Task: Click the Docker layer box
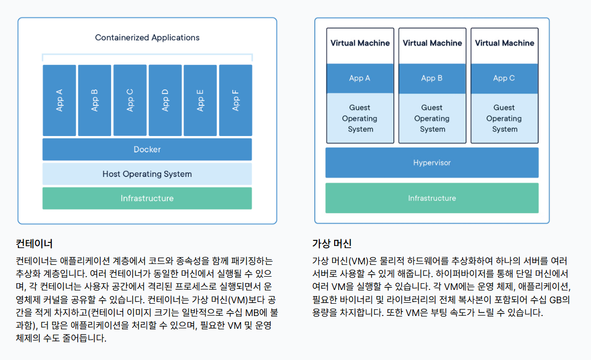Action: click(x=147, y=149)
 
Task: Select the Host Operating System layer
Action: click(x=147, y=174)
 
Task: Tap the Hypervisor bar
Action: click(x=432, y=163)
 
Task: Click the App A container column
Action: click(x=59, y=100)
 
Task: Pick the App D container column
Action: click(x=165, y=100)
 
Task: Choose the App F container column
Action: click(x=235, y=100)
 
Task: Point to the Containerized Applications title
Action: click(x=147, y=37)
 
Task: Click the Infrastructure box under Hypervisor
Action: click(x=432, y=198)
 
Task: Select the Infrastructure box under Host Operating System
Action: click(x=147, y=198)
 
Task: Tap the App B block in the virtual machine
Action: click(x=432, y=78)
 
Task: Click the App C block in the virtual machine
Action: click(x=504, y=78)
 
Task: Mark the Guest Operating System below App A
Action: click(x=360, y=118)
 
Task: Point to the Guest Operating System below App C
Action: click(x=504, y=118)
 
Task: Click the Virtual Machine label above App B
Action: click(x=432, y=43)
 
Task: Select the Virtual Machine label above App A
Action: click(x=360, y=43)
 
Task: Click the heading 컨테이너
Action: click(x=34, y=243)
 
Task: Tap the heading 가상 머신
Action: click(x=332, y=243)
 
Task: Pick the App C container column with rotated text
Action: click(x=130, y=100)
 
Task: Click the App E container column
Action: click(x=200, y=100)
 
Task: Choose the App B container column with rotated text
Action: click(x=95, y=100)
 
